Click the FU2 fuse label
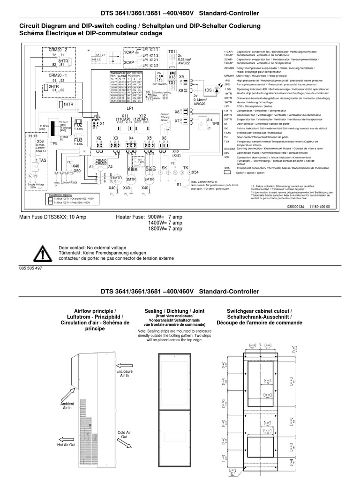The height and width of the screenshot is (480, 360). coord(78,125)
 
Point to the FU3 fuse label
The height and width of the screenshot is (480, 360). coord(78,140)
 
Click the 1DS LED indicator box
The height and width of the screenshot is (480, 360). coord(208,90)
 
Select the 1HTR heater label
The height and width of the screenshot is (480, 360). coord(68,104)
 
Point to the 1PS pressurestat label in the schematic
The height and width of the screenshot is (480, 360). coord(215,123)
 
